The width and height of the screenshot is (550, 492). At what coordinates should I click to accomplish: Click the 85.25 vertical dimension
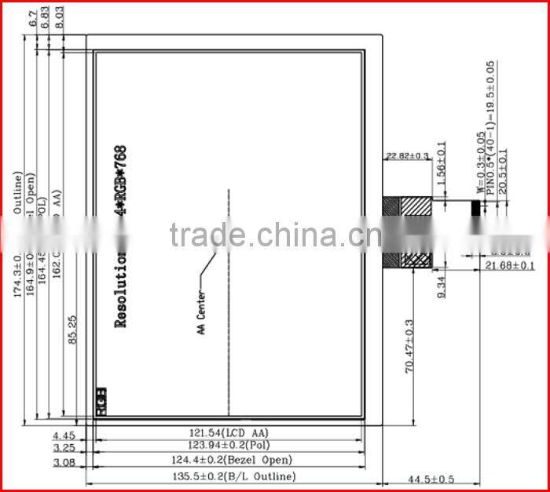(72, 330)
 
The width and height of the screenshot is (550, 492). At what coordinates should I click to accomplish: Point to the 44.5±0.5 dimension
(431, 478)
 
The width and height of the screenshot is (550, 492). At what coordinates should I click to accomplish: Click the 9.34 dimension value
(442, 287)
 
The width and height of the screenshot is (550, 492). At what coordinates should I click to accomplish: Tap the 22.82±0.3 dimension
(407, 155)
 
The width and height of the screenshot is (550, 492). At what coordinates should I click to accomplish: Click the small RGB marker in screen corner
(101, 400)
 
